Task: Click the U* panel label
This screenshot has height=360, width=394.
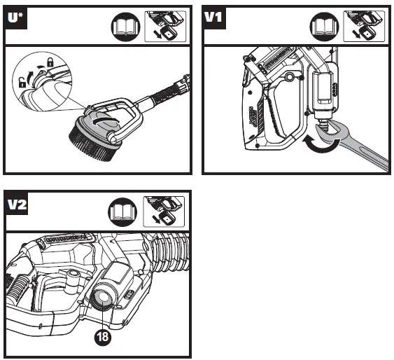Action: (15, 18)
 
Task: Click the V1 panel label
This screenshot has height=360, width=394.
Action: (213, 18)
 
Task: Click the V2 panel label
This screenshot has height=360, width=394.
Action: (17, 204)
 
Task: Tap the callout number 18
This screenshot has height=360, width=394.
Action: (102, 337)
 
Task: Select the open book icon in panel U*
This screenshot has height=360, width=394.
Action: (125, 27)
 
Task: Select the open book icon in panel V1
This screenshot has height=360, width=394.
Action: (325, 27)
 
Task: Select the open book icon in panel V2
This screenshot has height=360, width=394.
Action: (122, 212)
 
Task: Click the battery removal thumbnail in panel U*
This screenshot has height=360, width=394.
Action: (165, 27)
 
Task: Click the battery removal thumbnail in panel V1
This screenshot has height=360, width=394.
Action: (364, 26)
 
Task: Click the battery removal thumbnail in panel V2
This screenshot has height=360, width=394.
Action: (164, 212)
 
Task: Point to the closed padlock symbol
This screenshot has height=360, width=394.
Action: (50, 62)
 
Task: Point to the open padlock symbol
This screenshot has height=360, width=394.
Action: (22, 82)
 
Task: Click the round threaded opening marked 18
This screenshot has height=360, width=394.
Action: (102, 297)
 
